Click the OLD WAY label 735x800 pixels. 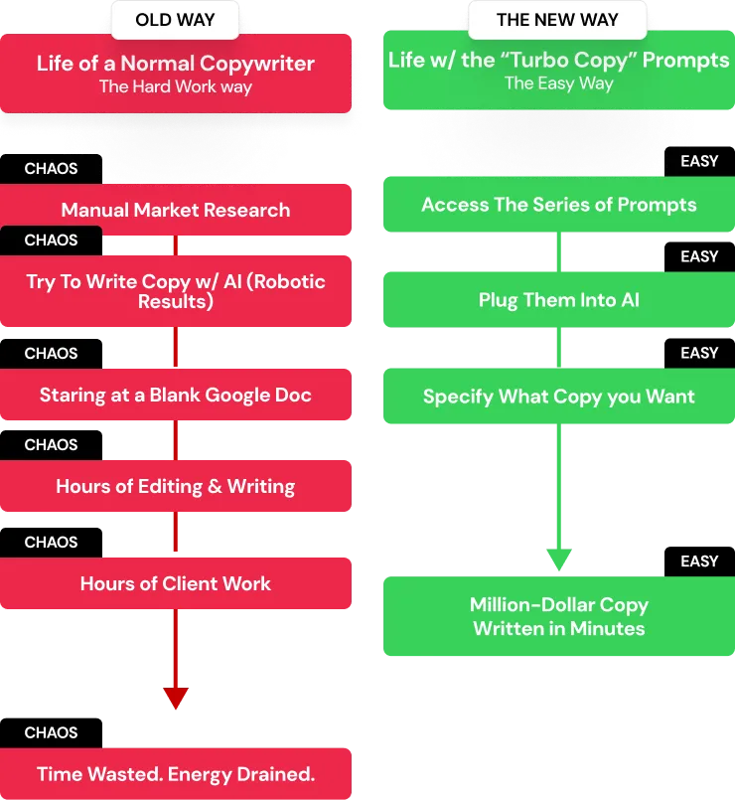point(175,20)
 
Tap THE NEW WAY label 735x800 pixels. point(557,20)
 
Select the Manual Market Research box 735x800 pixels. point(176,210)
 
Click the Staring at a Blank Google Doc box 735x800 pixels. point(176,395)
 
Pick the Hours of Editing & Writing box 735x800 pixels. point(176,486)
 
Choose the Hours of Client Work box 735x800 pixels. point(176,583)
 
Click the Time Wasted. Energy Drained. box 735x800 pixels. point(176,773)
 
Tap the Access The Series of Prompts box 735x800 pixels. point(559,204)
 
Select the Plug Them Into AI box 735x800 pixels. point(559,299)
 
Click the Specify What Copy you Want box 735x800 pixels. point(559,396)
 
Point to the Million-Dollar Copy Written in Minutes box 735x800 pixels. point(559,616)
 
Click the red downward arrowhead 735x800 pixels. point(176,698)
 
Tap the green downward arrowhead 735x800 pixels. point(559,560)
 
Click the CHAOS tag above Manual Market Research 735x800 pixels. point(51,169)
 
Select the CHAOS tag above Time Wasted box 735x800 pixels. point(51,733)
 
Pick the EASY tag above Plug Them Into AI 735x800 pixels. point(699,256)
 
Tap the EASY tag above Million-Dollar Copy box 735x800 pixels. point(699,561)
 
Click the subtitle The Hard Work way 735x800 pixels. point(176,86)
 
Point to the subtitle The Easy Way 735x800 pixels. point(559,83)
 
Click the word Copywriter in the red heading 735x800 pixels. point(257,64)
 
